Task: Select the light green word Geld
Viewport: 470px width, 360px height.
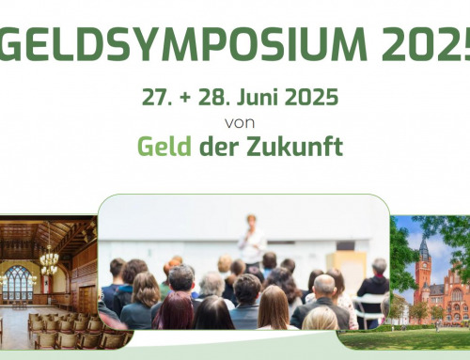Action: [x=163, y=147]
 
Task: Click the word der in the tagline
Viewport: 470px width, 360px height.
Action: [x=215, y=147]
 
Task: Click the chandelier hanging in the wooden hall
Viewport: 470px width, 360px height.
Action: [x=48, y=258]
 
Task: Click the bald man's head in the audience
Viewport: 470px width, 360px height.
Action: [x=323, y=286]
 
